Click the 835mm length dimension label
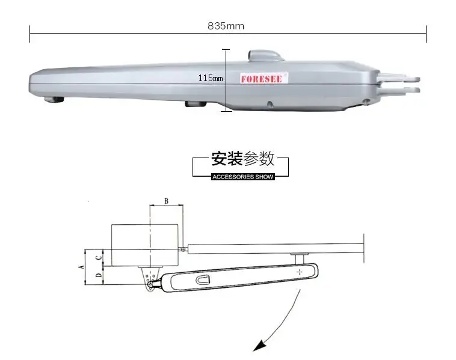[226, 26]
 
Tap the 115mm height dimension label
[211, 78]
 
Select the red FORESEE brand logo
[262, 79]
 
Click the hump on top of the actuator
[265, 55]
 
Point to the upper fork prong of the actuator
[398, 78]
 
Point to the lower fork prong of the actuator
[399, 90]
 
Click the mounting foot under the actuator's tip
[54, 100]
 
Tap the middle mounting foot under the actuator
[196, 104]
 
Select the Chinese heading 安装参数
[243, 159]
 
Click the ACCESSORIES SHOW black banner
[243, 177]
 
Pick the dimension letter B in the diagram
[167, 201]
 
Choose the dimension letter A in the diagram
[82, 267]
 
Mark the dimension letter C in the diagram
[99, 257]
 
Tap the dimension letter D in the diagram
[99, 275]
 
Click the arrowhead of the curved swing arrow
[259, 346]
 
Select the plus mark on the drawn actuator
[300, 272]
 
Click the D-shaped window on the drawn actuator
[203, 280]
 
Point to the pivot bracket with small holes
[150, 279]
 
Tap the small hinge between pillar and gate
[183, 249]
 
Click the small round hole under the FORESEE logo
[270, 104]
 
